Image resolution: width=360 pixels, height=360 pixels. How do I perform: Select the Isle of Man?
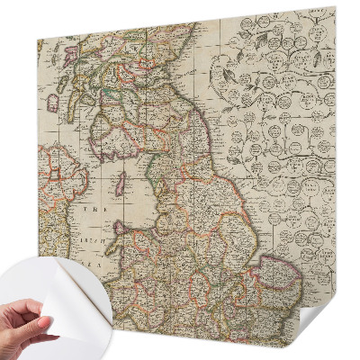118,189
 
